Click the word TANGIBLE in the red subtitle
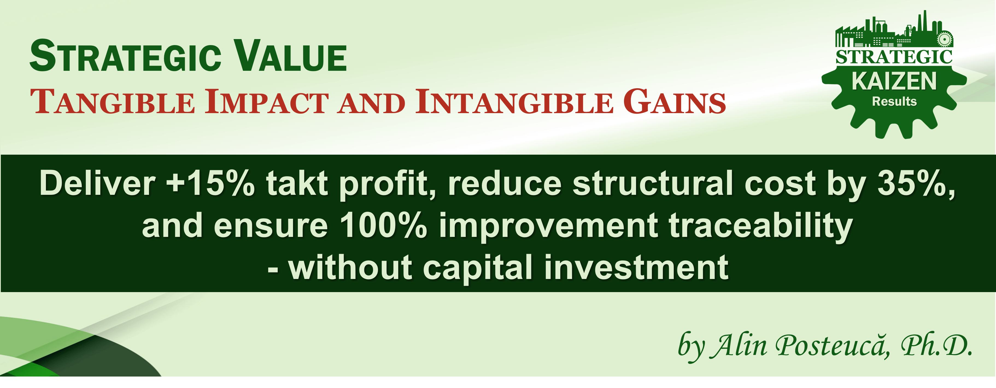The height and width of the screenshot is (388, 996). coord(113,102)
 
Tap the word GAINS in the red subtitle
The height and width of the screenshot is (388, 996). coord(675,102)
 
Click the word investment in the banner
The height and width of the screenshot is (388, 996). coord(636,268)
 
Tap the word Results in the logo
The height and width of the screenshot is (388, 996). coord(894,101)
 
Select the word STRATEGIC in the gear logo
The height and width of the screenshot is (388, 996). coord(894,57)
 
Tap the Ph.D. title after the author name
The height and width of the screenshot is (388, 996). coord(936,345)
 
